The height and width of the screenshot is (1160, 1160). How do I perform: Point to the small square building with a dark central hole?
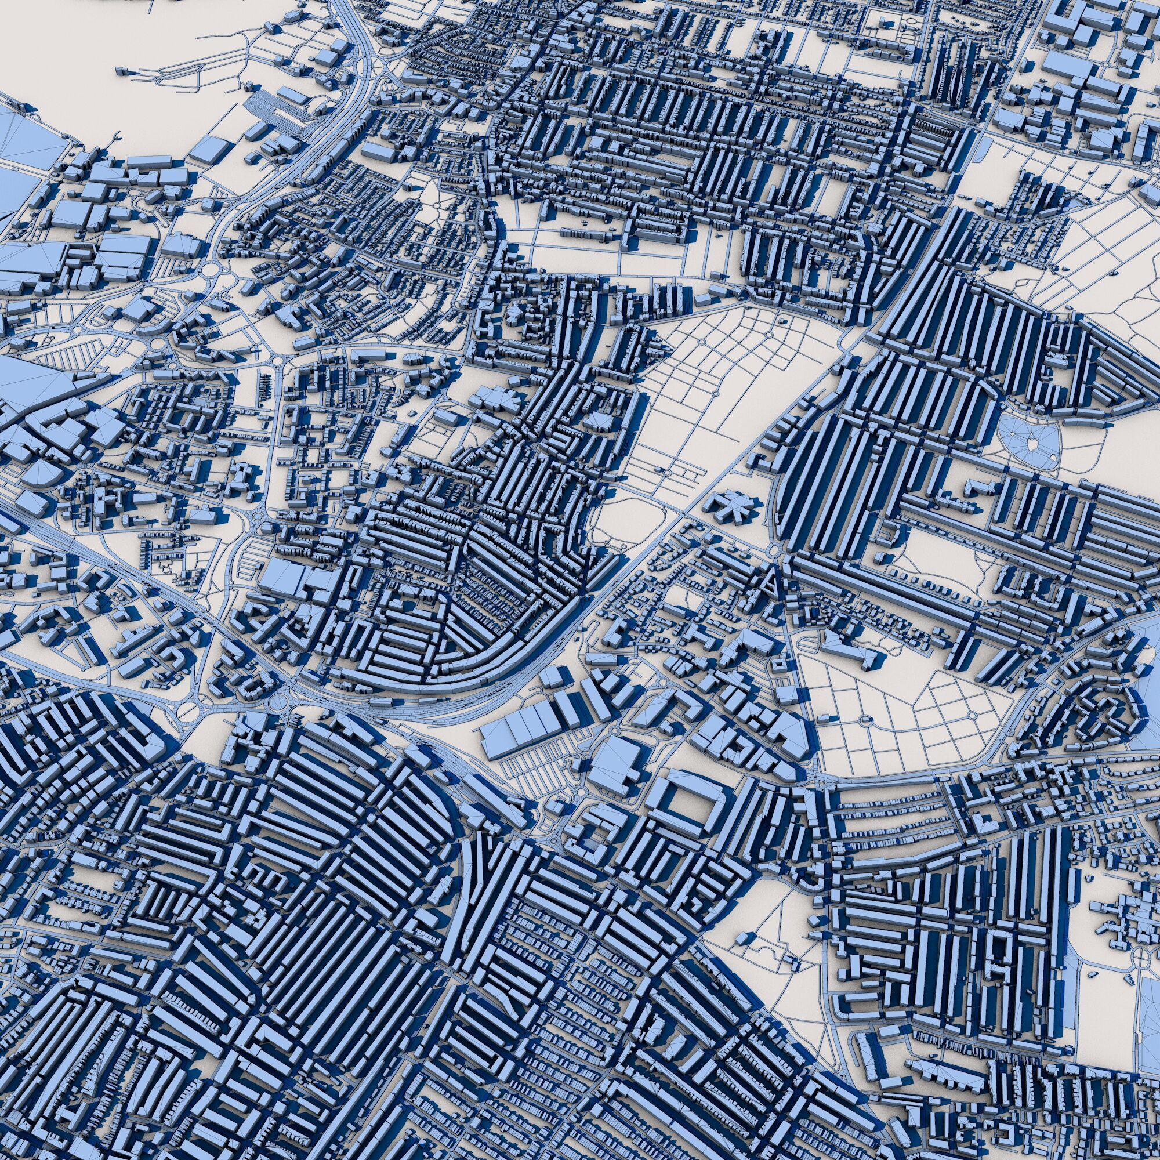click(x=779, y=665)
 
